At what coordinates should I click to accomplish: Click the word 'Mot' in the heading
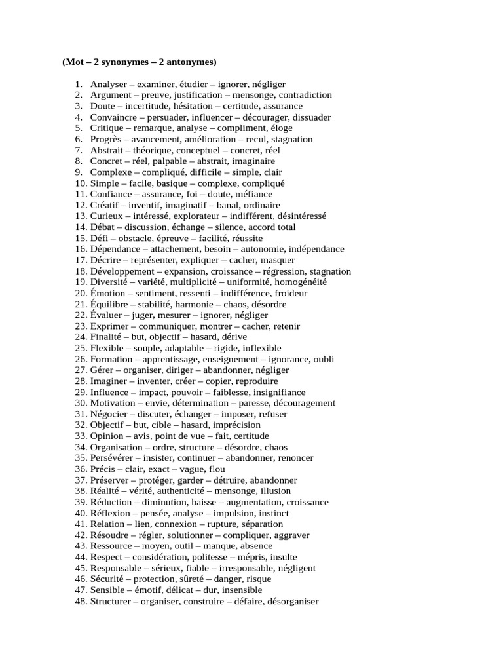click(75, 62)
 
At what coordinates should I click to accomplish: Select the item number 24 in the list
click(81, 337)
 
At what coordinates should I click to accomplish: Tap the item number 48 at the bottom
click(81, 601)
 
